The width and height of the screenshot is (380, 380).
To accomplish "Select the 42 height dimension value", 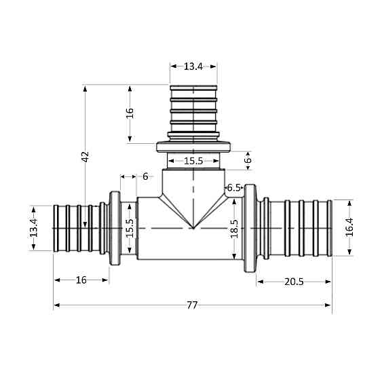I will (x=85, y=155).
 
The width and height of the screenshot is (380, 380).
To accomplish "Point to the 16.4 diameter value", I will (x=349, y=227).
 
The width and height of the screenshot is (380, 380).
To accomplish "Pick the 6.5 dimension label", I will (x=234, y=187).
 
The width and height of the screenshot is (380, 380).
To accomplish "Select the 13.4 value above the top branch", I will (x=193, y=66).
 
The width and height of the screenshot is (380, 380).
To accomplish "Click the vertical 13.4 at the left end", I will (x=33, y=227).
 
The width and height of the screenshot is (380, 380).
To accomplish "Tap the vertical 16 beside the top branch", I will (x=130, y=113).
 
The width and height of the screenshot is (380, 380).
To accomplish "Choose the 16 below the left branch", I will (x=81, y=280).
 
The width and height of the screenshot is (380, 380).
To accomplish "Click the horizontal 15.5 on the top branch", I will (x=193, y=161).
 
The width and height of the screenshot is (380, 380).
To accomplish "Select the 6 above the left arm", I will (x=145, y=176).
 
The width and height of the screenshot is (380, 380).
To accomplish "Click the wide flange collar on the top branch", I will (x=194, y=147).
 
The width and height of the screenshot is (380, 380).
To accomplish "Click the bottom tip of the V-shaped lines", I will (x=193, y=229).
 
